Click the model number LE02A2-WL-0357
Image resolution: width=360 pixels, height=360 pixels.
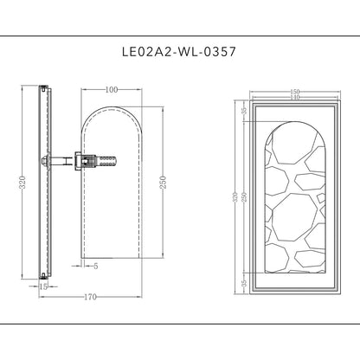179,52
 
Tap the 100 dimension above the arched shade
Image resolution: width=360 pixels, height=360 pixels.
112,90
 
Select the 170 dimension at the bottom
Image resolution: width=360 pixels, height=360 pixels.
90,297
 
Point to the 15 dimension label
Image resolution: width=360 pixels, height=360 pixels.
43,286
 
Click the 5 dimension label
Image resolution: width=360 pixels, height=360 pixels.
96,266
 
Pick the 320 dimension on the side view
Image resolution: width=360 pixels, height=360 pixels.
22,183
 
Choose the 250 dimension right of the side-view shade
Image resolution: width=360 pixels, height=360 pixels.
163,183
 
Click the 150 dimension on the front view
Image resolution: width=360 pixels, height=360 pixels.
294,92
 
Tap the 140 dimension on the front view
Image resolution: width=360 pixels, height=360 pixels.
294,97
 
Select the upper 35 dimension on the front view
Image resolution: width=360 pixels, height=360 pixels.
244,111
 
